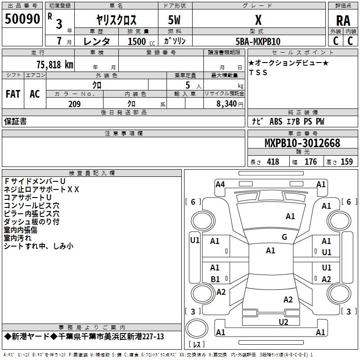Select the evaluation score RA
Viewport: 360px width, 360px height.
tap(343, 21)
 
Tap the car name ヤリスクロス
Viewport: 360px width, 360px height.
tap(116, 20)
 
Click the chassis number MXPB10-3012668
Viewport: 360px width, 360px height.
tap(302, 144)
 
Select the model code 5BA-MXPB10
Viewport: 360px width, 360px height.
tap(258, 41)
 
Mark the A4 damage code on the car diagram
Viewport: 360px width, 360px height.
tap(220, 184)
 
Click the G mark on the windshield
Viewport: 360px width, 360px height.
tap(284, 237)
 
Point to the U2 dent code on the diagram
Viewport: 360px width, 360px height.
tap(283, 322)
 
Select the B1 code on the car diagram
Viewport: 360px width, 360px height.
tap(215, 279)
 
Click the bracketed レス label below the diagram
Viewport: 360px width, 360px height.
tap(196, 345)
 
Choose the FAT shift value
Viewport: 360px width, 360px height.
tap(13, 94)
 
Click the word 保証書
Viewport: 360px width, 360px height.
tap(15, 121)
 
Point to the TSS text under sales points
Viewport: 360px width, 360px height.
tap(258, 73)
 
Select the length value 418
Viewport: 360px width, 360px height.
tap(273, 162)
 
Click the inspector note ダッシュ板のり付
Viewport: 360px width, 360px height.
tap(31, 222)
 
